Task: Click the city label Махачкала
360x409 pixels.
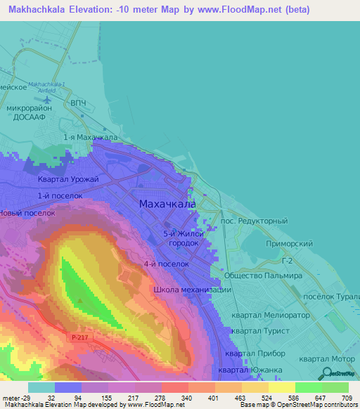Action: pyautogui.click(x=167, y=204)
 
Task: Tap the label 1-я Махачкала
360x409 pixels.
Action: pyautogui.click(x=90, y=138)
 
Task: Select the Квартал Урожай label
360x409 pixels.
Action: pyautogui.click(x=68, y=180)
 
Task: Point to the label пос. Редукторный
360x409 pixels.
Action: pyautogui.click(x=254, y=221)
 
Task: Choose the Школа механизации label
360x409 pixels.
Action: pyautogui.click(x=192, y=290)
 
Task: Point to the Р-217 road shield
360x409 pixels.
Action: pyautogui.click(x=80, y=337)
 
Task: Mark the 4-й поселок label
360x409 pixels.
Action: pyautogui.click(x=166, y=264)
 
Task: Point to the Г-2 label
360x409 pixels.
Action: pyautogui.click(x=286, y=261)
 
